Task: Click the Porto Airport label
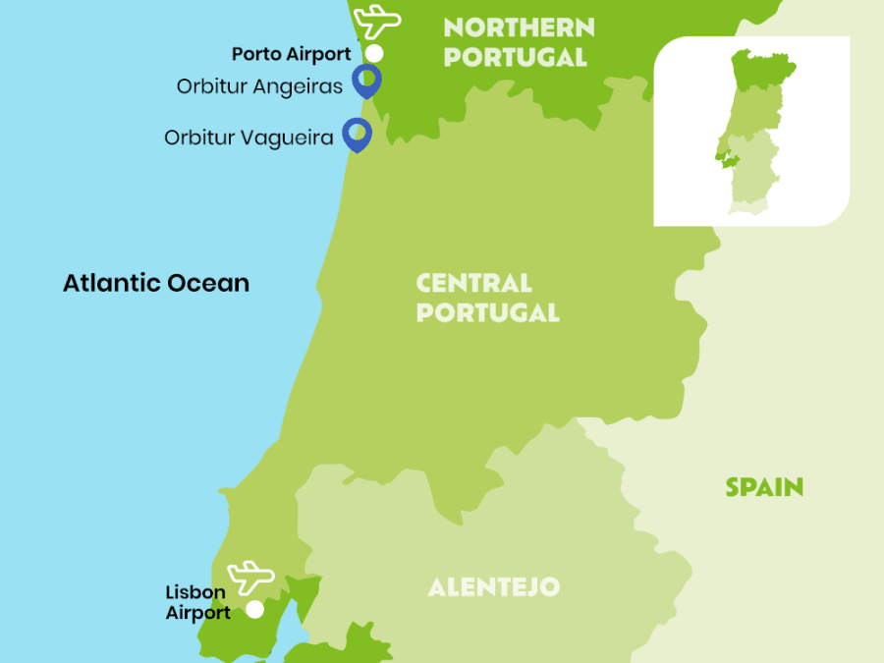pyautogui.click(x=291, y=54)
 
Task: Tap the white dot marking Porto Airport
pyautogui.click(x=374, y=53)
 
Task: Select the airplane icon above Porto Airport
pyautogui.click(x=378, y=21)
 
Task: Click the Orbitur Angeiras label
pyautogui.click(x=259, y=86)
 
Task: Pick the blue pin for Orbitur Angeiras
pyautogui.click(x=367, y=79)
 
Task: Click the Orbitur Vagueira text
pyautogui.click(x=249, y=138)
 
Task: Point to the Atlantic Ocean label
pyautogui.click(x=156, y=283)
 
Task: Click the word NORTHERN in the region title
pyautogui.click(x=519, y=27)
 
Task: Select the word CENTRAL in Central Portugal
pyautogui.click(x=473, y=284)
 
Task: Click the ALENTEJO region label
pyautogui.click(x=493, y=587)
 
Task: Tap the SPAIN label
pyautogui.click(x=764, y=486)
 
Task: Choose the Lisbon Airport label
pyautogui.click(x=197, y=602)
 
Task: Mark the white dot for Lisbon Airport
pyautogui.click(x=254, y=609)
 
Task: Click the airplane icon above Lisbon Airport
pyautogui.click(x=250, y=576)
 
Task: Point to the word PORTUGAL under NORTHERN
pyautogui.click(x=515, y=57)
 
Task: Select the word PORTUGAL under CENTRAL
pyautogui.click(x=487, y=313)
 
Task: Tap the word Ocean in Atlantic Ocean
pyautogui.click(x=207, y=283)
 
